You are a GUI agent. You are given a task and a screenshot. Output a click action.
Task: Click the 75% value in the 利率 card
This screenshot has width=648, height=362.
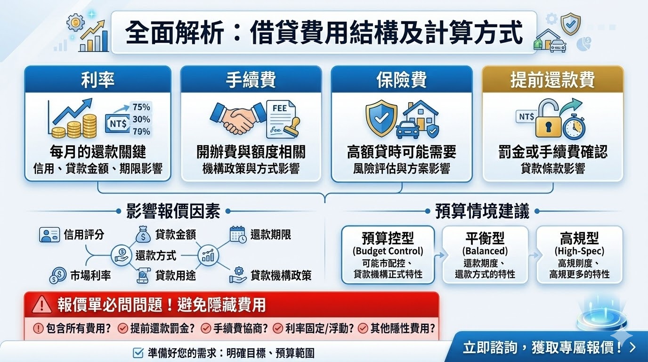pyautogui.click(x=141, y=107)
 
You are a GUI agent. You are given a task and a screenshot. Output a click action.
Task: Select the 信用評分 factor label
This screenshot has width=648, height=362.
pyautogui.click(x=84, y=235)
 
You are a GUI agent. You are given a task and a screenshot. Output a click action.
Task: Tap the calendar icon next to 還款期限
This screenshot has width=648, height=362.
pyautogui.click(x=238, y=234)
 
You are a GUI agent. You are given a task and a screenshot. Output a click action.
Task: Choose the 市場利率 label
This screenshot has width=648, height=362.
pyautogui.click(x=90, y=276)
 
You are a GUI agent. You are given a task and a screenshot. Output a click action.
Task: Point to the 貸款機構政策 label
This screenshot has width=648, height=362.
pyautogui.click(x=281, y=276)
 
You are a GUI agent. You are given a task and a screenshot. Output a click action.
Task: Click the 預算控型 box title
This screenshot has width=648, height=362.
pyautogui.click(x=388, y=237)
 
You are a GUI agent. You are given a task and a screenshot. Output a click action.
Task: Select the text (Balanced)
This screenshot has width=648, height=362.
pyautogui.click(x=485, y=251)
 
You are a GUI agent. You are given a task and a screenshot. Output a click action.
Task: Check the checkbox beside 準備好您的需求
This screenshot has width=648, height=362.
pyautogui.click(x=138, y=352)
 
